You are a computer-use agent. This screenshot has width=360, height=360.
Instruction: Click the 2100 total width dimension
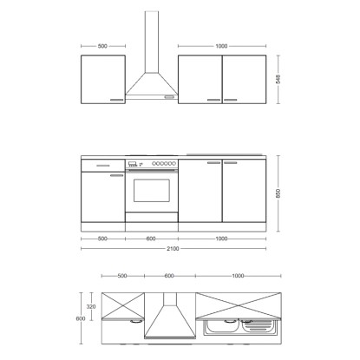(173, 248)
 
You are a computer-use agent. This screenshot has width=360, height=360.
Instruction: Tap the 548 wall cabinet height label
(278, 79)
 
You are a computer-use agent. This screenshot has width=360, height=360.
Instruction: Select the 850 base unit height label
(278, 193)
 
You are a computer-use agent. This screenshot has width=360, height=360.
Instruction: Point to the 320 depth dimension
(91, 306)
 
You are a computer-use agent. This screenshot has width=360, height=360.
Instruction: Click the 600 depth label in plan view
(81, 318)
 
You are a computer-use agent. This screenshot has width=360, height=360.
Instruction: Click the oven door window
(152, 190)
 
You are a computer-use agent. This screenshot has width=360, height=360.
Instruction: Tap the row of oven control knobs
(164, 163)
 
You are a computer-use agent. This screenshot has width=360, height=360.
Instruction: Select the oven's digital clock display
(133, 163)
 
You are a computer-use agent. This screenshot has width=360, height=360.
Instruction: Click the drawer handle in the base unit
(103, 166)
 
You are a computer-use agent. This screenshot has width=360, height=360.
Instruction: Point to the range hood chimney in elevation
(152, 42)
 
